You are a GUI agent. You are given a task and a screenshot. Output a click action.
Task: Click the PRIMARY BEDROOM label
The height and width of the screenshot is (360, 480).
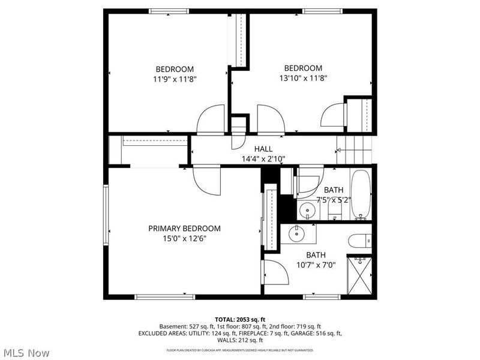pyautogui.click(x=184, y=228)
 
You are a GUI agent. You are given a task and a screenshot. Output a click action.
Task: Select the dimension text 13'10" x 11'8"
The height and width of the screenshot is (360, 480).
pyautogui.click(x=303, y=77)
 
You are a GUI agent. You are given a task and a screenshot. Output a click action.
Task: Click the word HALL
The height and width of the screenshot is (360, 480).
pyautogui.click(x=263, y=149)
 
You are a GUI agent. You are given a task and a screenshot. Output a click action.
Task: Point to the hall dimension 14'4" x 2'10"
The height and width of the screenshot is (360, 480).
pyautogui.click(x=263, y=158)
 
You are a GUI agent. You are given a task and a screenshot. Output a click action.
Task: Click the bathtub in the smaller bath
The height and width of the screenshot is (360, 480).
pyautogui.click(x=361, y=194)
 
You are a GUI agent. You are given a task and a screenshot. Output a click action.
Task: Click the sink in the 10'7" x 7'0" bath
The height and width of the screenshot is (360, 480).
pyautogui.click(x=297, y=233)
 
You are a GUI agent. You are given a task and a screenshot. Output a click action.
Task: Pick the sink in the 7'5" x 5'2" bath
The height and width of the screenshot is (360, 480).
pyautogui.click(x=308, y=211)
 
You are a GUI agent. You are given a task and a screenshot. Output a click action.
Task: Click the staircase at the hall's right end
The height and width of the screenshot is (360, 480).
pyautogui.click(x=354, y=149)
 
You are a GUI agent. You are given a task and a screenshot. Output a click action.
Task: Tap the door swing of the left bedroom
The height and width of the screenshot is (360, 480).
pyautogui.click(x=211, y=119)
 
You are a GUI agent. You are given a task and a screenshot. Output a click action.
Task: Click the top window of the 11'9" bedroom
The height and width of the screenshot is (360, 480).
pyautogui.click(x=169, y=11)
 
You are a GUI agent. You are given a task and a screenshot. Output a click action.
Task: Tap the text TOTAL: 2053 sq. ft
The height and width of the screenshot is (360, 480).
pyautogui.click(x=239, y=319)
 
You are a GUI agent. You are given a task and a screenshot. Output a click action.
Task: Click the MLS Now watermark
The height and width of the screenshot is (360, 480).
pyautogui.click(x=26, y=353)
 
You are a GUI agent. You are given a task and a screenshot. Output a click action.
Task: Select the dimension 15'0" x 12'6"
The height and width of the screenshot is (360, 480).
pyautogui.click(x=184, y=238)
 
